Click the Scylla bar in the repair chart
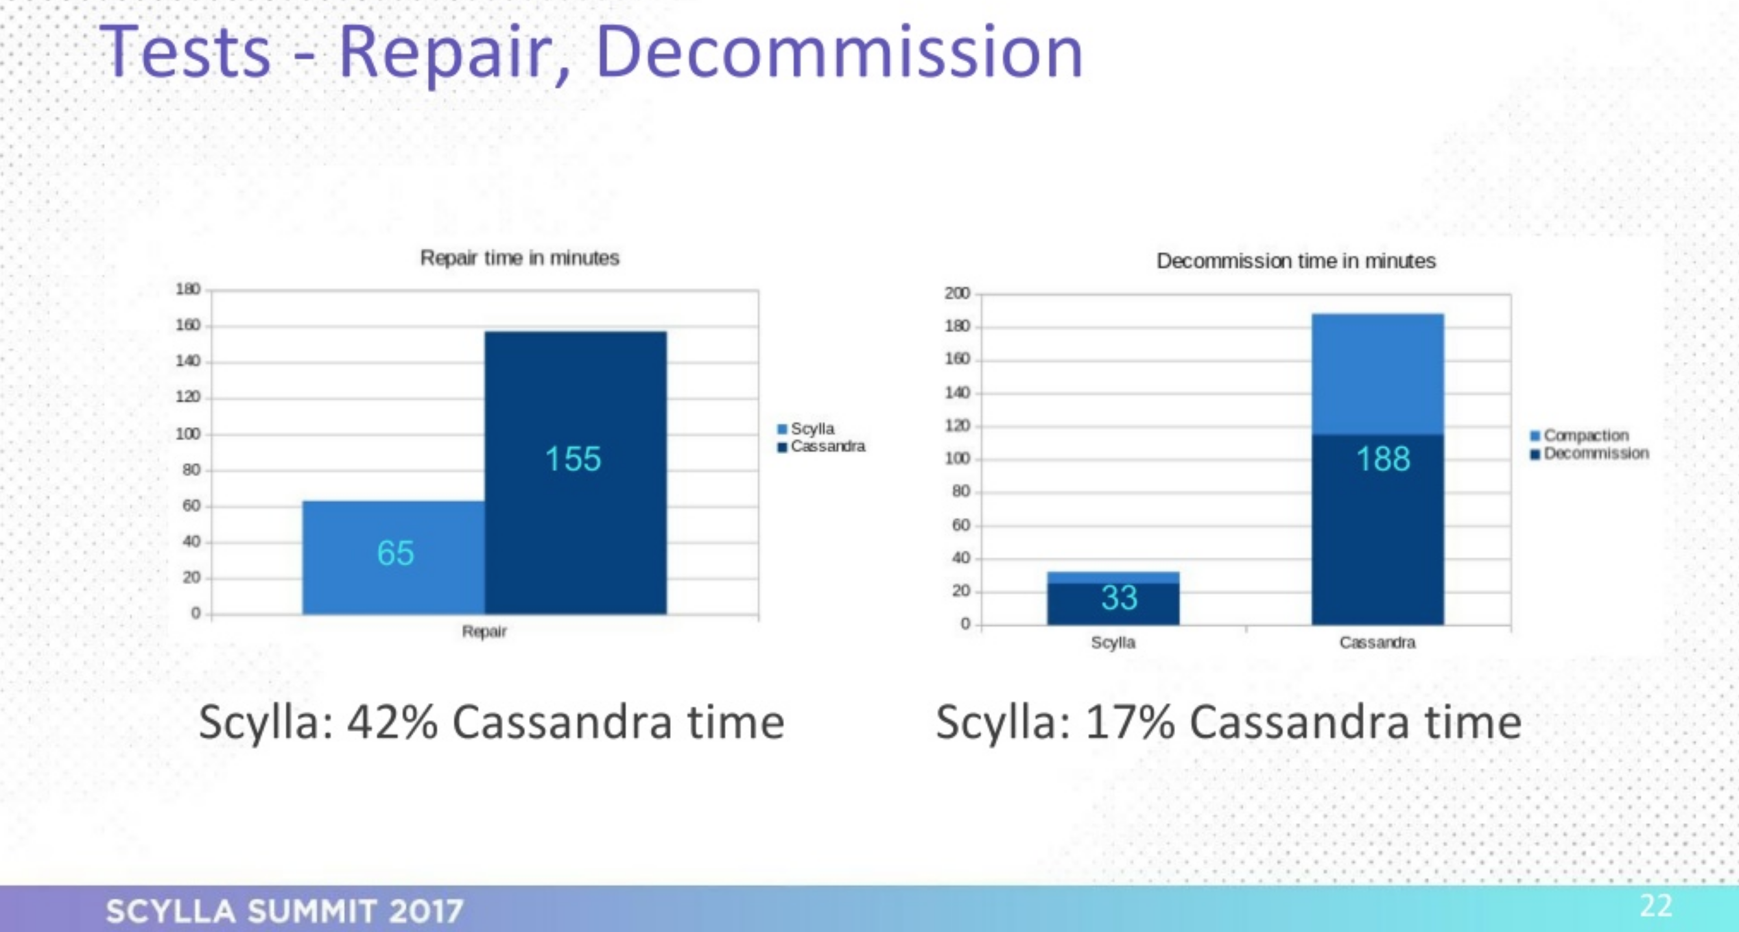[x=394, y=557]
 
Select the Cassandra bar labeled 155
[x=576, y=473]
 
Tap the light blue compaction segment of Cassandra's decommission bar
[x=1377, y=374]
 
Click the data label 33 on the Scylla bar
[x=1120, y=597]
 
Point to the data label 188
[x=1383, y=459]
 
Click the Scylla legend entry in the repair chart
[x=806, y=429]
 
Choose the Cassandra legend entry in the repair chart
[x=821, y=446]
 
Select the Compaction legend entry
[x=1579, y=435]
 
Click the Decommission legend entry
[x=1589, y=453]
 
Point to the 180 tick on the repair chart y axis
[x=188, y=289]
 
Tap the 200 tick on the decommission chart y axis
[x=957, y=294]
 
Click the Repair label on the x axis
[x=484, y=632]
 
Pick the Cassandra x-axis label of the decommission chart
[x=1377, y=643]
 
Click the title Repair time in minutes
[x=520, y=258]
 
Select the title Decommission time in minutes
[x=1296, y=261]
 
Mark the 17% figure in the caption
[x=1131, y=722]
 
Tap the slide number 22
[x=1656, y=906]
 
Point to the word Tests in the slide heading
[x=186, y=53]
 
